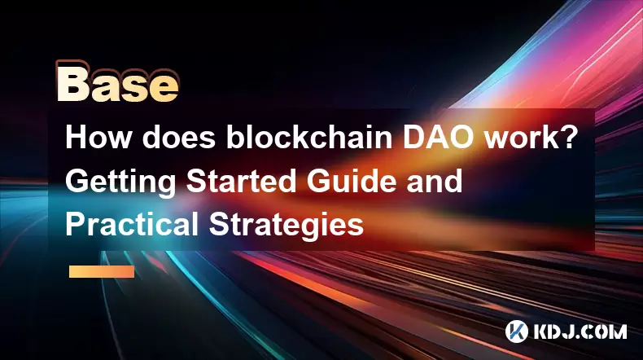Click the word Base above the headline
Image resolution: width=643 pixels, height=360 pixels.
(x=118, y=84)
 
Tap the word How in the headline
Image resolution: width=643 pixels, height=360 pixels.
(x=98, y=138)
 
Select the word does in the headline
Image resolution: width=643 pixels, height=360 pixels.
(x=179, y=138)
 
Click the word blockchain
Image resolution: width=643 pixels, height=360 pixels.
(x=309, y=138)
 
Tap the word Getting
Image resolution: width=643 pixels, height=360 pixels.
(x=120, y=182)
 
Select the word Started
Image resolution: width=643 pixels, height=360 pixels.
(x=241, y=181)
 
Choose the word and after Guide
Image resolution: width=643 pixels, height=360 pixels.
(x=435, y=181)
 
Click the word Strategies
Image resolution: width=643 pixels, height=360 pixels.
(x=287, y=226)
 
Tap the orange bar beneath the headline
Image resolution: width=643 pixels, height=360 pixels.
(x=102, y=271)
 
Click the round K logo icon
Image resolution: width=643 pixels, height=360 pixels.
(x=517, y=331)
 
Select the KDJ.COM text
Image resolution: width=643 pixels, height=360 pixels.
(x=580, y=331)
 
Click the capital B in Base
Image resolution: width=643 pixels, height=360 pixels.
(x=72, y=84)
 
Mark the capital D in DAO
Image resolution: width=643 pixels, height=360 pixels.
(x=413, y=138)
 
